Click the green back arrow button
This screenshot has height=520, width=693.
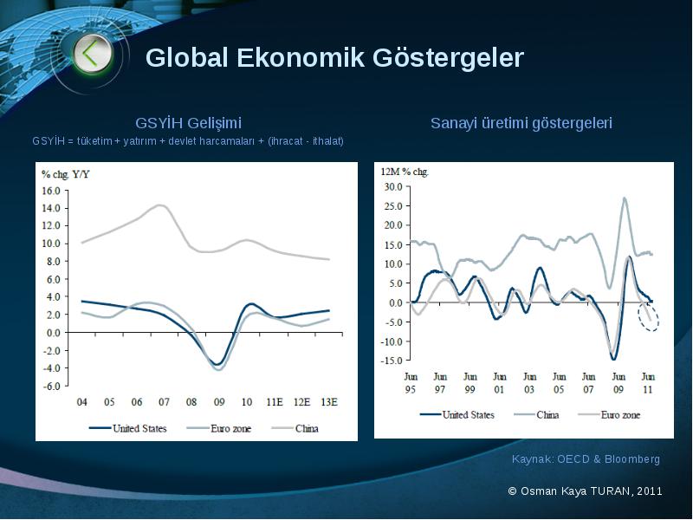[92, 54]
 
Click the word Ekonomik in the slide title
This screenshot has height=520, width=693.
[301, 57]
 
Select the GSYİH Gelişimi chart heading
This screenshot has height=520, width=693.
[188, 123]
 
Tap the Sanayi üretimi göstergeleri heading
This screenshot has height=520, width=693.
[521, 123]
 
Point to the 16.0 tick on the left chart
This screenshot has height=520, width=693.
[51, 191]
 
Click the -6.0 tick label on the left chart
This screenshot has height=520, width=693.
[51, 386]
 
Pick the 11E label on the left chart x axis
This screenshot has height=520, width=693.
[275, 402]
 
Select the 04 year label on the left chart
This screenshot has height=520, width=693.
[81, 402]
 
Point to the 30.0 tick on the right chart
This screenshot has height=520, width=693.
[393, 186]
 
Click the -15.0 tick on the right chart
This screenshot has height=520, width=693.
[392, 360]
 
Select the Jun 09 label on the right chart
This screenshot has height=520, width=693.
[619, 383]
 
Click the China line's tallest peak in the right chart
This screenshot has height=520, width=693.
[624, 198]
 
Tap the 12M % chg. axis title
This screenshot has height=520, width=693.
[405, 172]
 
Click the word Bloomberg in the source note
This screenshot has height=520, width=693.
[632, 459]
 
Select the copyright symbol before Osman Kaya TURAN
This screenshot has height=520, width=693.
[512, 491]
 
